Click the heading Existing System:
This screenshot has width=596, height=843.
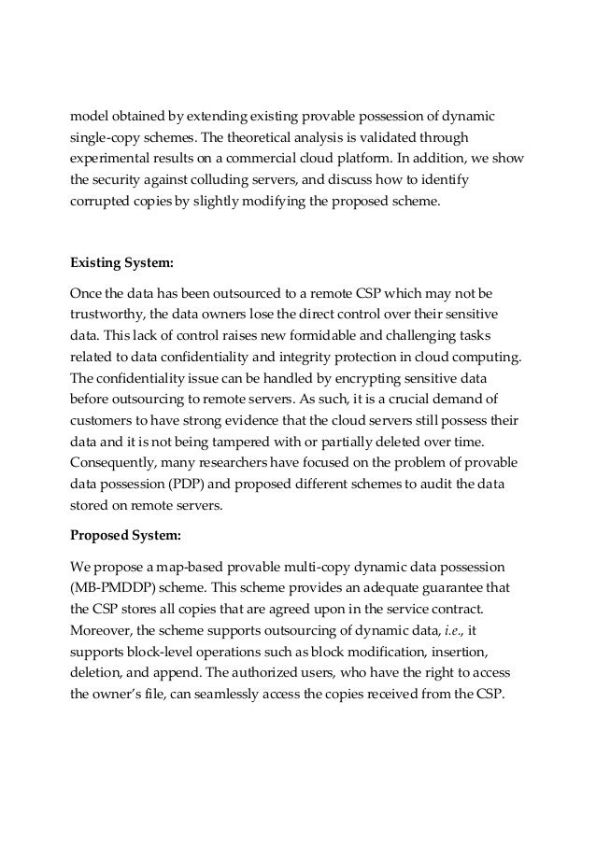coord(121,262)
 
